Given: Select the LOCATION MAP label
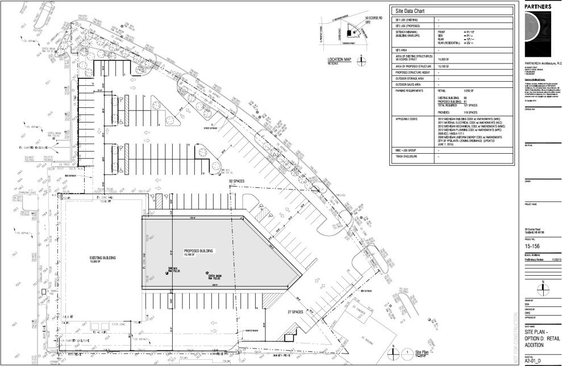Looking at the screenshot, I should coord(341,60).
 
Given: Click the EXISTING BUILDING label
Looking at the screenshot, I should coord(103,258).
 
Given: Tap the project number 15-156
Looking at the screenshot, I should coord(532,247).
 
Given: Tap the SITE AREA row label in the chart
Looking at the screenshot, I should coord(401,50).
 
